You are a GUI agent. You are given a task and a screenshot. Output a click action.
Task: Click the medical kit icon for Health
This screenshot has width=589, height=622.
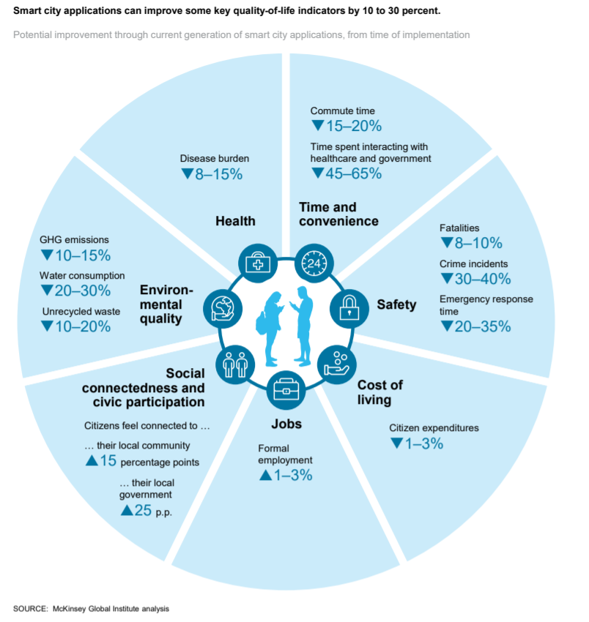click(258, 263)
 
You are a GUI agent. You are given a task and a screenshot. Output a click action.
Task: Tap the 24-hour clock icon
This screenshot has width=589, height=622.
click(314, 263)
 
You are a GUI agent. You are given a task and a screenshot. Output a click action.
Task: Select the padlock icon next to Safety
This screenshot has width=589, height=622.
click(349, 308)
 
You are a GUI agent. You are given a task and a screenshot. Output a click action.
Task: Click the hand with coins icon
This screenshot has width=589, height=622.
click(337, 364)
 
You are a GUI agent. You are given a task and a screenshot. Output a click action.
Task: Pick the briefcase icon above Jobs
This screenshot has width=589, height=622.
click(286, 390)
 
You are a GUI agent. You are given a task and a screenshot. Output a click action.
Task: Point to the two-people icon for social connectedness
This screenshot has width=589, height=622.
click(235, 364)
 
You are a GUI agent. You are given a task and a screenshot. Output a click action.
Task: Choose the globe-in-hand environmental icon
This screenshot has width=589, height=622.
click(223, 308)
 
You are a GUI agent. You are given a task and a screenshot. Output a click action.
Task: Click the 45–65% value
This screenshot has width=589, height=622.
click(347, 173)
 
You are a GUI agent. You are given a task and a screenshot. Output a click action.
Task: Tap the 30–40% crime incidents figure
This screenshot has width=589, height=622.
click(475, 279)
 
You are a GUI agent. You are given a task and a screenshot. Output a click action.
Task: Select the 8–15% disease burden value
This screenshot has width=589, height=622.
click(212, 174)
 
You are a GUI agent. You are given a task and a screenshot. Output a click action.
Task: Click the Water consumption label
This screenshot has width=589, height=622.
click(82, 276)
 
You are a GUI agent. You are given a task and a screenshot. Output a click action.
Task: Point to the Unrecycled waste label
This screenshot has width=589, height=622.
click(81, 312)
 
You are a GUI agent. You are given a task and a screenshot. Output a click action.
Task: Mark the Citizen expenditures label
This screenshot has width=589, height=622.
click(434, 428)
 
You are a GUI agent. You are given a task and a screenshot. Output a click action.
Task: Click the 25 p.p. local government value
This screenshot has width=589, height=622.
click(147, 511)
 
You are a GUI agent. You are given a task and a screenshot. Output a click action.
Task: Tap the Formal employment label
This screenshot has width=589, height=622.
click(285, 454)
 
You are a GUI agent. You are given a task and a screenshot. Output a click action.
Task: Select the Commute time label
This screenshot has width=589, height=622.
click(342, 110)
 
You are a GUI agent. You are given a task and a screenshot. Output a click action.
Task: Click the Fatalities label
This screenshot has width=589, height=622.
click(459, 228)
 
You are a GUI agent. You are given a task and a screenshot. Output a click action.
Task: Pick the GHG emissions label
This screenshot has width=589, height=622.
click(74, 239)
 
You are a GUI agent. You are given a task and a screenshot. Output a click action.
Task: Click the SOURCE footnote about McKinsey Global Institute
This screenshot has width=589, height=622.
click(92, 609)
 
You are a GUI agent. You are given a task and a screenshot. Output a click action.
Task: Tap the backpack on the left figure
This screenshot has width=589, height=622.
click(262, 323)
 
